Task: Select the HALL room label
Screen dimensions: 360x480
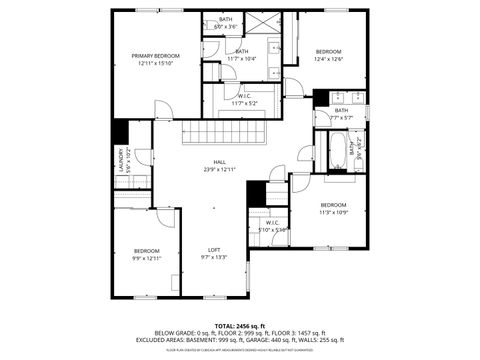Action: click(219, 162)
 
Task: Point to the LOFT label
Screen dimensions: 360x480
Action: click(214, 250)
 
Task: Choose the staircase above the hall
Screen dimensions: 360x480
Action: click(226, 132)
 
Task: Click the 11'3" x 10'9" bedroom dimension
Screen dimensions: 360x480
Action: click(333, 211)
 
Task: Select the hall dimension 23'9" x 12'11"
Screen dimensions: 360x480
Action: click(219, 169)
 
